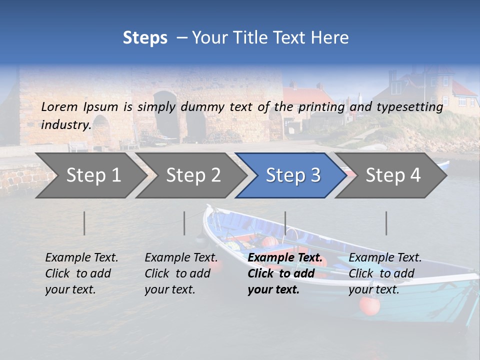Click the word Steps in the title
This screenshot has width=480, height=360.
pyautogui.click(x=145, y=38)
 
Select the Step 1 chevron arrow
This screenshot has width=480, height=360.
pyautogui.click(x=90, y=175)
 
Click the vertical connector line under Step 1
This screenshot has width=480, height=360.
pyautogui.click(x=84, y=223)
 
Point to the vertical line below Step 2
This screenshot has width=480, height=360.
pyautogui.click(x=184, y=223)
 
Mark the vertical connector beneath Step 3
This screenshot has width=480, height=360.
pyautogui.click(x=285, y=223)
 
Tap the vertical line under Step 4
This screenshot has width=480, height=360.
pyautogui.click(x=386, y=223)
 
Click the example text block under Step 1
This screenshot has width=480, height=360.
pyautogui.click(x=81, y=273)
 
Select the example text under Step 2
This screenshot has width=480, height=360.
pyautogui.click(x=181, y=273)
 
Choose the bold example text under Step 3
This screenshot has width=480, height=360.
pyautogui.click(x=285, y=273)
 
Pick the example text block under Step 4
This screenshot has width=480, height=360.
pyautogui.click(x=385, y=273)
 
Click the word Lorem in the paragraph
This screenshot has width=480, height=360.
pyautogui.click(x=59, y=106)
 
